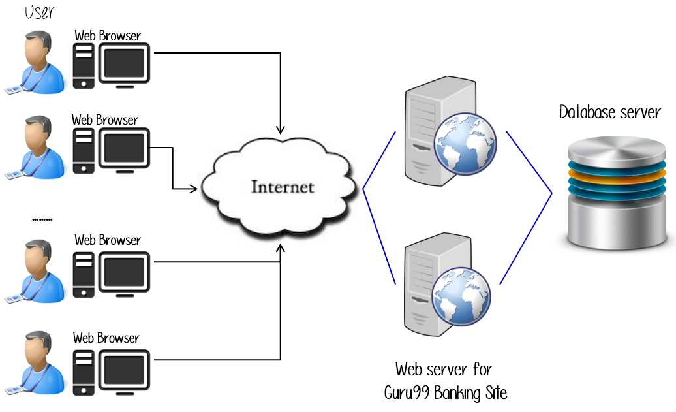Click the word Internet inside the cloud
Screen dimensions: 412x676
pos(283,188)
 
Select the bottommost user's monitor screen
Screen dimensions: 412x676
pos(124,370)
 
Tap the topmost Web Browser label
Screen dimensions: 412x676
pos(108,35)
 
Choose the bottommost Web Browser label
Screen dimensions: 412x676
pos(106,338)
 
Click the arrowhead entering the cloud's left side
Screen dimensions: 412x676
pos(194,189)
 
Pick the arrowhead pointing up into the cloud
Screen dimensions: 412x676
pos(281,249)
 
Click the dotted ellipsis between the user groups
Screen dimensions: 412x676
pos(42,221)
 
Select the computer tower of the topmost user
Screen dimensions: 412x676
pos(83,66)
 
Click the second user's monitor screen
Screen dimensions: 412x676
pos(124,148)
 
